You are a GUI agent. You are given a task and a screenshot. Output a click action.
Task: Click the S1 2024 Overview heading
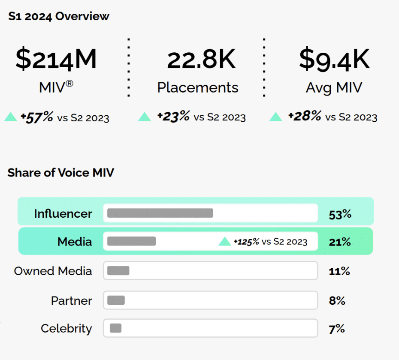click(x=59, y=17)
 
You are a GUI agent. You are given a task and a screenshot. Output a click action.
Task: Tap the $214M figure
click(x=56, y=59)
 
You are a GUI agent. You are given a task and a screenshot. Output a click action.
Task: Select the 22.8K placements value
click(x=201, y=59)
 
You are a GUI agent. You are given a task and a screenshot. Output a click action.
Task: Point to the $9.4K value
click(x=334, y=59)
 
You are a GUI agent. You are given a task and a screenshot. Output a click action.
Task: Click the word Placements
click(x=198, y=87)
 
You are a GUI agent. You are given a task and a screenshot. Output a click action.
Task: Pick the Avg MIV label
click(x=334, y=87)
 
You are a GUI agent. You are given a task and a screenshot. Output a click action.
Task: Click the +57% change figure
click(x=37, y=117)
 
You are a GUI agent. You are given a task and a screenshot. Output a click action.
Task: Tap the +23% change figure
click(x=173, y=117)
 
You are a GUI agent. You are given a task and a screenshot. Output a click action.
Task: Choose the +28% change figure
click(x=304, y=116)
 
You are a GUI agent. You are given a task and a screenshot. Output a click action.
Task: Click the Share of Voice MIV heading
click(x=61, y=173)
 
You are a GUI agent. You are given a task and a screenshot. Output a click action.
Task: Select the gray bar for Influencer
click(x=160, y=213)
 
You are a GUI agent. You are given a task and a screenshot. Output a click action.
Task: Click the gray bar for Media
click(x=131, y=241)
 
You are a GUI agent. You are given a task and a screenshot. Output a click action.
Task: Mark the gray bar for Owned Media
click(x=118, y=270)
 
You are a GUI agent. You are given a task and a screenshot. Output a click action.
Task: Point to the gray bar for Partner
click(x=116, y=300)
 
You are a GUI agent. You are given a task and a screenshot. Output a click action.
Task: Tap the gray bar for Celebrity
click(x=115, y=329)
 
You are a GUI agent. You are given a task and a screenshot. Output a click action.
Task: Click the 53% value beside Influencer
click(x=340, y=214)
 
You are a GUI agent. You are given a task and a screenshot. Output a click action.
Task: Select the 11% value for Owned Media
click(x=339, y=272)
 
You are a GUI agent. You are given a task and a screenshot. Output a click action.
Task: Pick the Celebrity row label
click(x=66, y=329)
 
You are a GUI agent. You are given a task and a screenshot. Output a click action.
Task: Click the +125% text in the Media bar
click(x=246, y=242)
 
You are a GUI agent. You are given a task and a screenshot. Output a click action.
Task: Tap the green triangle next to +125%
click(x=225, y=242)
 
